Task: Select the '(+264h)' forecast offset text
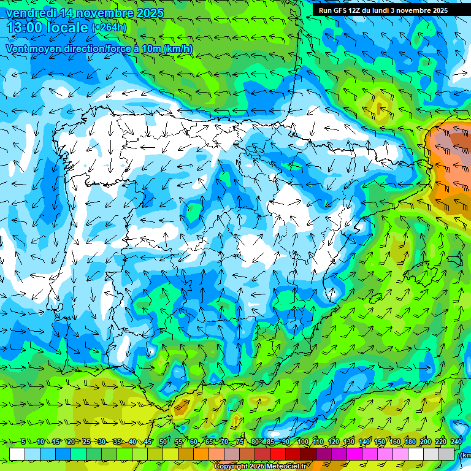pyautogui.click(x=109, y=28)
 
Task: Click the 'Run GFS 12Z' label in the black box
pyautogui.click(x=340, y=10)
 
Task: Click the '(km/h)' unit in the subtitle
pyautogui.click(x=178, y=48)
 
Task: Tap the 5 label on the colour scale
pyautogui.click(x=23, y=442)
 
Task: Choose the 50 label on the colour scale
pyautogui.click(x=163, y=442)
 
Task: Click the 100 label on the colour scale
pyautogui.click(x=302, y=442)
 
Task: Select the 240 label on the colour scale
pyautogui.click(x=456, y=442)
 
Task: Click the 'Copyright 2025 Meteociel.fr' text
pyautogui.click(x=260, y=467)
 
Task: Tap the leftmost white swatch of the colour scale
pyautogui.click(x=17, y=454)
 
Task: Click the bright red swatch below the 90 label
pyautogui.click(x=278, y=454)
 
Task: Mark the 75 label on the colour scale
pyautogui.click(x=240, y=442)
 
